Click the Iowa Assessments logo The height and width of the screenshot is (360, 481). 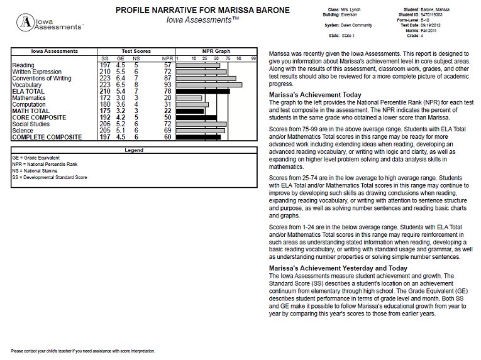tap(50, 23)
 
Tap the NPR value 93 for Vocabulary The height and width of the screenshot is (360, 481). tap(167, 84)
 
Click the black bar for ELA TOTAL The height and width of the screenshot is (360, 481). tap(203, 91)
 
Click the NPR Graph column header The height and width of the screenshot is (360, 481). tap(216, 51)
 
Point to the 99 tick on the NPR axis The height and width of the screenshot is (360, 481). tap(253, 58)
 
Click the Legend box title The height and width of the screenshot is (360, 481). tap(133, 151)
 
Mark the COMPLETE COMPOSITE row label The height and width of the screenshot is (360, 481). tap(47, 137)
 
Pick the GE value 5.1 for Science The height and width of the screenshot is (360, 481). tap(120, 130)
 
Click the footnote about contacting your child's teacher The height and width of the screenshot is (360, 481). tap(83, 351)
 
